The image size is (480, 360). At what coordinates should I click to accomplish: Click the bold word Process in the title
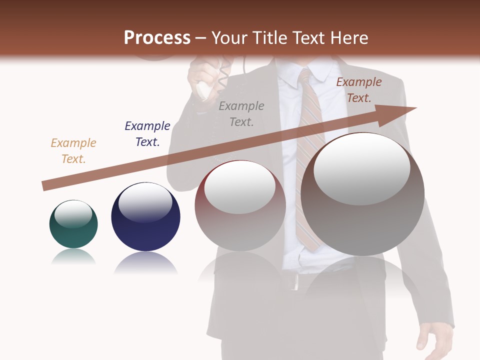pyautogui.click(x=157, y=38)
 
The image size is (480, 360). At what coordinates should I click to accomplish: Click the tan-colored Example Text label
pyautogui.click(x=73, y=151)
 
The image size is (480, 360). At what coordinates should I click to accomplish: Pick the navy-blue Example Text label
pyautogui.click(x=147, y=134)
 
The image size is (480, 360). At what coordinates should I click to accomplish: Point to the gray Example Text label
pyautogui.click(x=241, y=113)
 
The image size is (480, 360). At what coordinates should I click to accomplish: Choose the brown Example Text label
pyautogui.click(x=358, y=90)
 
